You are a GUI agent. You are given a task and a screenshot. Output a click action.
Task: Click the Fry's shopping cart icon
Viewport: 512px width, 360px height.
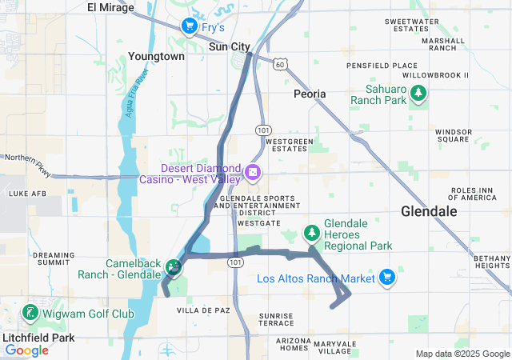pyautogui.click(x=189, y=26)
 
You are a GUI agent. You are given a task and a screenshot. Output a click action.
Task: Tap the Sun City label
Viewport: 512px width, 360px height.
pyautogui.click(x=229, y=46)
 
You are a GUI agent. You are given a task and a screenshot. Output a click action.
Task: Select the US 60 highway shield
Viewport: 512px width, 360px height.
pyautogui.click(x=278, y=62)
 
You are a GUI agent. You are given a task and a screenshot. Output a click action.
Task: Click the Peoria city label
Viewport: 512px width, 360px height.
pyautogui.click(x=310, y=94)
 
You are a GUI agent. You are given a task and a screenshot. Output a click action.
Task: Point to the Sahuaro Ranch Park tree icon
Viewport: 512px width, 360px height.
pyautogui.click(x=418, y=94)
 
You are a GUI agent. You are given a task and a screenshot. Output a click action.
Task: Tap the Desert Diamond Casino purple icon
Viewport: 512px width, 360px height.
pyautogui.click(x=252, y=172)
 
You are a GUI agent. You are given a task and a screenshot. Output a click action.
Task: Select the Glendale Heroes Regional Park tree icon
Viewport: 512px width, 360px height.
pyautogui.click(x=311, y=233)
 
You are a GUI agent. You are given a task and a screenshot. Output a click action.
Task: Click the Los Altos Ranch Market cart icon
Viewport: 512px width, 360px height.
pyautogui.click(x=387, y=277)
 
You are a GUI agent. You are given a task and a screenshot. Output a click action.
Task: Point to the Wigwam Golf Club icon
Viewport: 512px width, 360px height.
pyautogui.click(x=30, y=312)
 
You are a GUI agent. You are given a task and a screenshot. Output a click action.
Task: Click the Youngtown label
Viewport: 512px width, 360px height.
pyautogui.click(x=156, y=57)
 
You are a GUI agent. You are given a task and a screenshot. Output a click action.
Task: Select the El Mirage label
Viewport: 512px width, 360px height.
pyautogui.click(x=110, y=7)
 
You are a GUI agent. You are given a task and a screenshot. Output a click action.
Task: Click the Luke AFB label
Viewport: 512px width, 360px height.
pyautogui.click(x=23, y=193)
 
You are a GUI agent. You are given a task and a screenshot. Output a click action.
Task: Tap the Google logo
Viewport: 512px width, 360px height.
pyautogui.click(x=26, y=350)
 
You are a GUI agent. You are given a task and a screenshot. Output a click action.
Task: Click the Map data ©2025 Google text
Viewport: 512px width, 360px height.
pyautogui.click(x=462, y=354)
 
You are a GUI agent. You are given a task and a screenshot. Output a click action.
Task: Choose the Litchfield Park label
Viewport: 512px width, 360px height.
pyautogui.click(x=38, y=338)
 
